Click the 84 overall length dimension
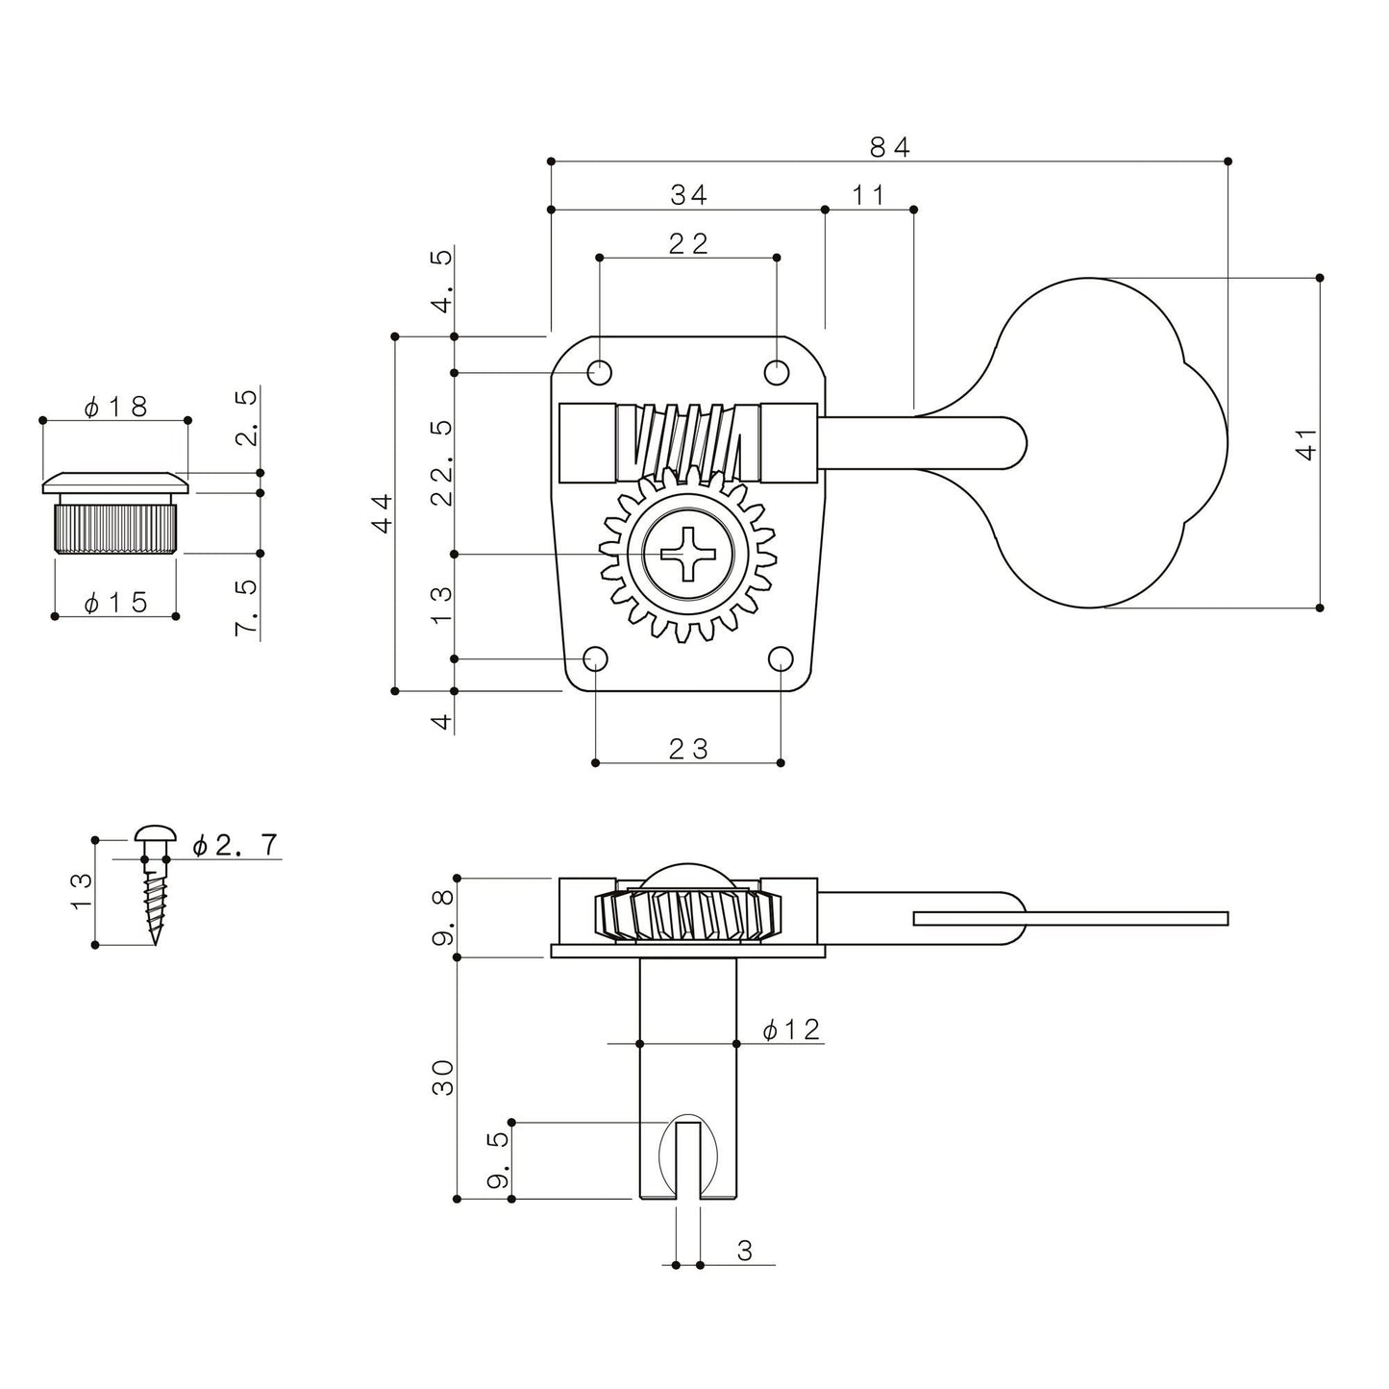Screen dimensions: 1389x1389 [889, 147]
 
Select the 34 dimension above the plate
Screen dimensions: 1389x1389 [688, 194]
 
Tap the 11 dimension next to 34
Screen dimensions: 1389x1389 [868, 194]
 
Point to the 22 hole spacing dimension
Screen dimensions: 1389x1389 [688, 243]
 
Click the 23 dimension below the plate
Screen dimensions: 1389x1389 [688, 749]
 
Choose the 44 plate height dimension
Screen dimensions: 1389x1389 [382, 512]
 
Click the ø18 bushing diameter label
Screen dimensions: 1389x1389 [115, 408]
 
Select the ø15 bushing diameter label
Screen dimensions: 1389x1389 [115, 602]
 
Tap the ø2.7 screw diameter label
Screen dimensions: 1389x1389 [235, 845]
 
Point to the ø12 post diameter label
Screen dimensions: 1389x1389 [791, 1029]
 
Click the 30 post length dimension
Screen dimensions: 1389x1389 [443, 1078]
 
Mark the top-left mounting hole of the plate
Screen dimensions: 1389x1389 [600, 373]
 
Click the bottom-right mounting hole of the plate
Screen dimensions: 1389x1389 [781, 658]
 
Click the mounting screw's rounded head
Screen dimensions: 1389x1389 [155, 834]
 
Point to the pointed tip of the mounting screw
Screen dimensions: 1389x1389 [155, 943]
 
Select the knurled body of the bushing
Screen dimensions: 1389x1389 [115, 529]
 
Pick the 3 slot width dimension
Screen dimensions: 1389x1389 [745, 1251]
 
